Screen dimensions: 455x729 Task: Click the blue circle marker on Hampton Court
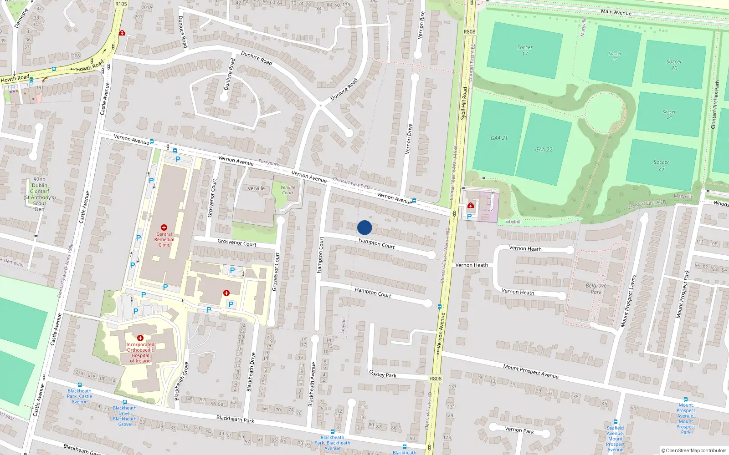(x=364, y=227)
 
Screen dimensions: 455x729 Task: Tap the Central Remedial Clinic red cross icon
(x=164, y=227)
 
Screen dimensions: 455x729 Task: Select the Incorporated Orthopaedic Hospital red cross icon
(x=140, y=338)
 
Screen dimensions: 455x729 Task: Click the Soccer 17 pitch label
(x=524, y=51)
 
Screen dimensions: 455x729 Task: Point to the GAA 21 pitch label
(x=499, y=138)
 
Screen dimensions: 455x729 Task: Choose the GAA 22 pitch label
(x=544, y=149)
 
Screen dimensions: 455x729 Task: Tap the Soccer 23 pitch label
(x=661, y=165)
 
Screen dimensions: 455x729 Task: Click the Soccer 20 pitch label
(x=674, y=65)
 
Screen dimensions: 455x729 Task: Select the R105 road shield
(x=121, y=4)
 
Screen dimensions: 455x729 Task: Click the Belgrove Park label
(x=596, y=289)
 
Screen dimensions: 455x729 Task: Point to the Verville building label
(x=256, y=188)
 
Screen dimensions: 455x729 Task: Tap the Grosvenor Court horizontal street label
(x=237, y=243)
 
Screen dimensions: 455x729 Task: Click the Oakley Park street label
(x=383, y=374)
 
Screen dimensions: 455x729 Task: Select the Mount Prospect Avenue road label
(x=531, y=371)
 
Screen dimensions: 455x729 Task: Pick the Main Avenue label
(x=616, y=12)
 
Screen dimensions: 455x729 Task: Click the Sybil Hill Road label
(x=463, y=103)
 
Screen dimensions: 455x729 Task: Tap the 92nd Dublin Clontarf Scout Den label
(x=40, y=194)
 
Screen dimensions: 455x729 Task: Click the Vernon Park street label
(x=519, y=430)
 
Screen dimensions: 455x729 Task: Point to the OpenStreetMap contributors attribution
(x=694, y=450)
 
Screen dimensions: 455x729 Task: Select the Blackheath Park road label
(x=235, y=419)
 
